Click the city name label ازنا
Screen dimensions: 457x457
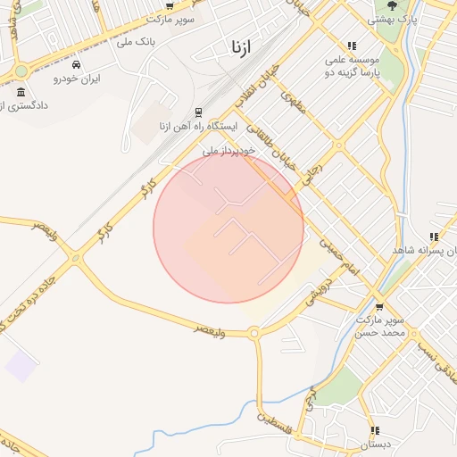pos(238,46)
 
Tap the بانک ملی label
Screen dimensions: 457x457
pos(137,42)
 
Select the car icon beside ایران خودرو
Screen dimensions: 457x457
pos(78,66)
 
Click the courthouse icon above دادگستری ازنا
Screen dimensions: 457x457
pos(21,91)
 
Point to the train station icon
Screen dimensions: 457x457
pos(198,112)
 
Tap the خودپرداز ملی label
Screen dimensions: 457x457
pos(228,151)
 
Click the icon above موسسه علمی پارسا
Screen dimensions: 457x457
pos(352,46)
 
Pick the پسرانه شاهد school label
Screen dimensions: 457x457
pos(424,251)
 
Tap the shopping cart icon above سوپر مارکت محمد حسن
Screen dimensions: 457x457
pos(380,306)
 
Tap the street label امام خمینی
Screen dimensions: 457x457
pos(339,256)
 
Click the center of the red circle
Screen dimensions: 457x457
pos(228,228)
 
